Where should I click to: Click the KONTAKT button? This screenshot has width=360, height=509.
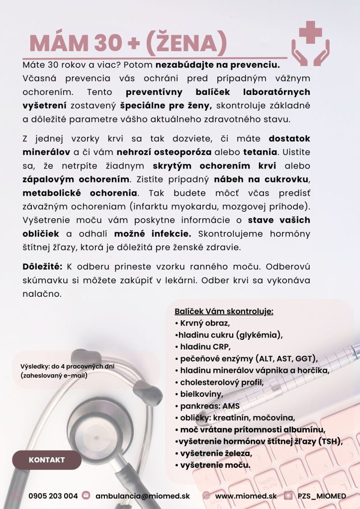(47, 460)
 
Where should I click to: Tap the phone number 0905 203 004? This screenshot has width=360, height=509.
(53, 496)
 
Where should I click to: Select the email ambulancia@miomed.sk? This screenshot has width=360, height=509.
(143, 496)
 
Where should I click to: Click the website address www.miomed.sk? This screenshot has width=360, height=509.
(246, 496)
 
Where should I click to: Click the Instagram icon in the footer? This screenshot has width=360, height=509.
(288, 496)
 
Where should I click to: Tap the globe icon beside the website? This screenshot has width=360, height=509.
(206, 496)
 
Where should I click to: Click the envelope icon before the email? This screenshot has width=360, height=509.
(86, 496)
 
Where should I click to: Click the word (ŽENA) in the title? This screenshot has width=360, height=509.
(186, 43)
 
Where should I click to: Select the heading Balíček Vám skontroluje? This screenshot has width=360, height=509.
(224, 312)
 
